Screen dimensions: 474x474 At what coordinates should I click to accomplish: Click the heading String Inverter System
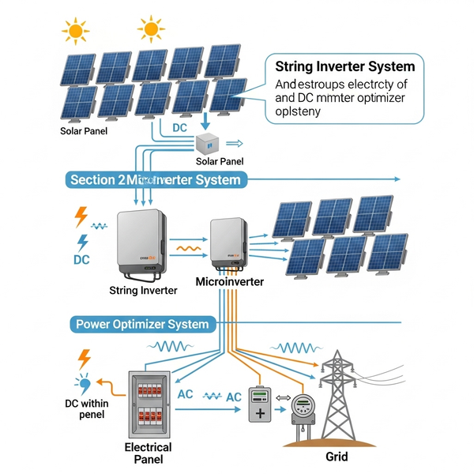point(346,66)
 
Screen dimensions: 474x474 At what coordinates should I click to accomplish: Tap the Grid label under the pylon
point(336,456)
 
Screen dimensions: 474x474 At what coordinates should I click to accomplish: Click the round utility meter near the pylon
point(301,409)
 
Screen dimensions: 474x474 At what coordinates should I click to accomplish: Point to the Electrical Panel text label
point(149,453)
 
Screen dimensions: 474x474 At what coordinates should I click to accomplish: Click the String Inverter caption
point(143,290)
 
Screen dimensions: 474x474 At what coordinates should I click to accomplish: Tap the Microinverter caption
point(229,281)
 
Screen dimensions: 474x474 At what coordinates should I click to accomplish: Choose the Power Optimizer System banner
point(142,324)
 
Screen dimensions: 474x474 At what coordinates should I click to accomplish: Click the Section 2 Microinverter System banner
point(155,180)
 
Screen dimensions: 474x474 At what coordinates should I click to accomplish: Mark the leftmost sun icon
point(76,31)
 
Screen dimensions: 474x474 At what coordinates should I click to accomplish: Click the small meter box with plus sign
point(260,405)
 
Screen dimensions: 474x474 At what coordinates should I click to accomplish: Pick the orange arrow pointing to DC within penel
point(112,387)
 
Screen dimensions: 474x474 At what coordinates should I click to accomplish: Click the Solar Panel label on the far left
point(84,131)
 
